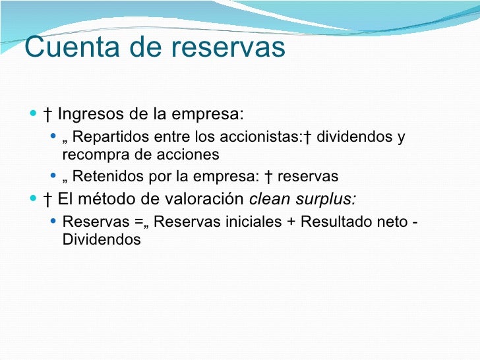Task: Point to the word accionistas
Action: point(263,137)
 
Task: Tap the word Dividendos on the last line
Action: point(102,239)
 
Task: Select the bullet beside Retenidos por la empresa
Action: point(53,177)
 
